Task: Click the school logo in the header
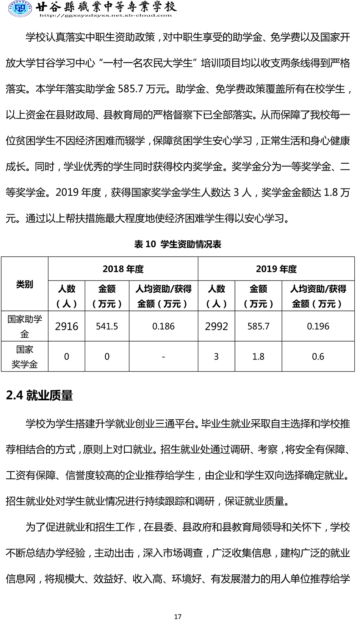point(20,9)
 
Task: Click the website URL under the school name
point(105,16)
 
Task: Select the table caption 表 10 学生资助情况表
point(178,244)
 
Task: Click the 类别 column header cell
point(25,284)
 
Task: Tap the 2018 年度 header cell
point(123,269)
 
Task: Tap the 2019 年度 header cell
point(276,269)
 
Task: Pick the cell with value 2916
point(67,326)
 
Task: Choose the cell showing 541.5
point(107,326)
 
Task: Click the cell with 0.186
point(163,326)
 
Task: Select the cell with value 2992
point(216,326)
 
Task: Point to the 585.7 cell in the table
point(258,326)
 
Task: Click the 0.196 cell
point(318,326)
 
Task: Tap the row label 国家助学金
point(25,326)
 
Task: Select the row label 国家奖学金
point(25,357)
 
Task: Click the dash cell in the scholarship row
point(163,357)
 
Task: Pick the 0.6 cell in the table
point(318,357)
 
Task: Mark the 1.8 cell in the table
point(258,357)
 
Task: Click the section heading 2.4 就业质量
point(39,395)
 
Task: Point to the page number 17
point(178,616)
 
